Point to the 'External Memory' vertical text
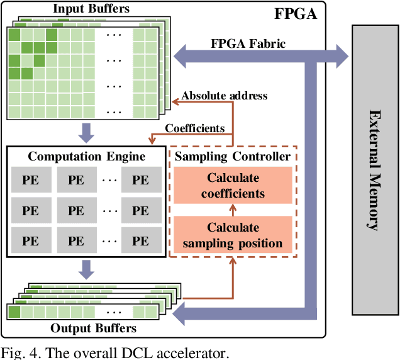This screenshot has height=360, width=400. click(375, 170)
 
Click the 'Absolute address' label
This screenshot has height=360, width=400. click(225, 96)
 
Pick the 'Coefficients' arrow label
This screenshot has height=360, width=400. click(194, 128)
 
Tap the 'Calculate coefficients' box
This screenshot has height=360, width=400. click(233, 186)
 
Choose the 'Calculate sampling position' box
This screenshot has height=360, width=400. click(233, 235)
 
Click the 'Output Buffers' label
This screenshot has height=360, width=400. click(94, 329)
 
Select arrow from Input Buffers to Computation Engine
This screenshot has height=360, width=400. click(86, 133)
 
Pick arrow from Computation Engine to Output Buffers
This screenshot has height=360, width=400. click(86, 270)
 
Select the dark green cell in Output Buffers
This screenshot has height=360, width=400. click(14, 312)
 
